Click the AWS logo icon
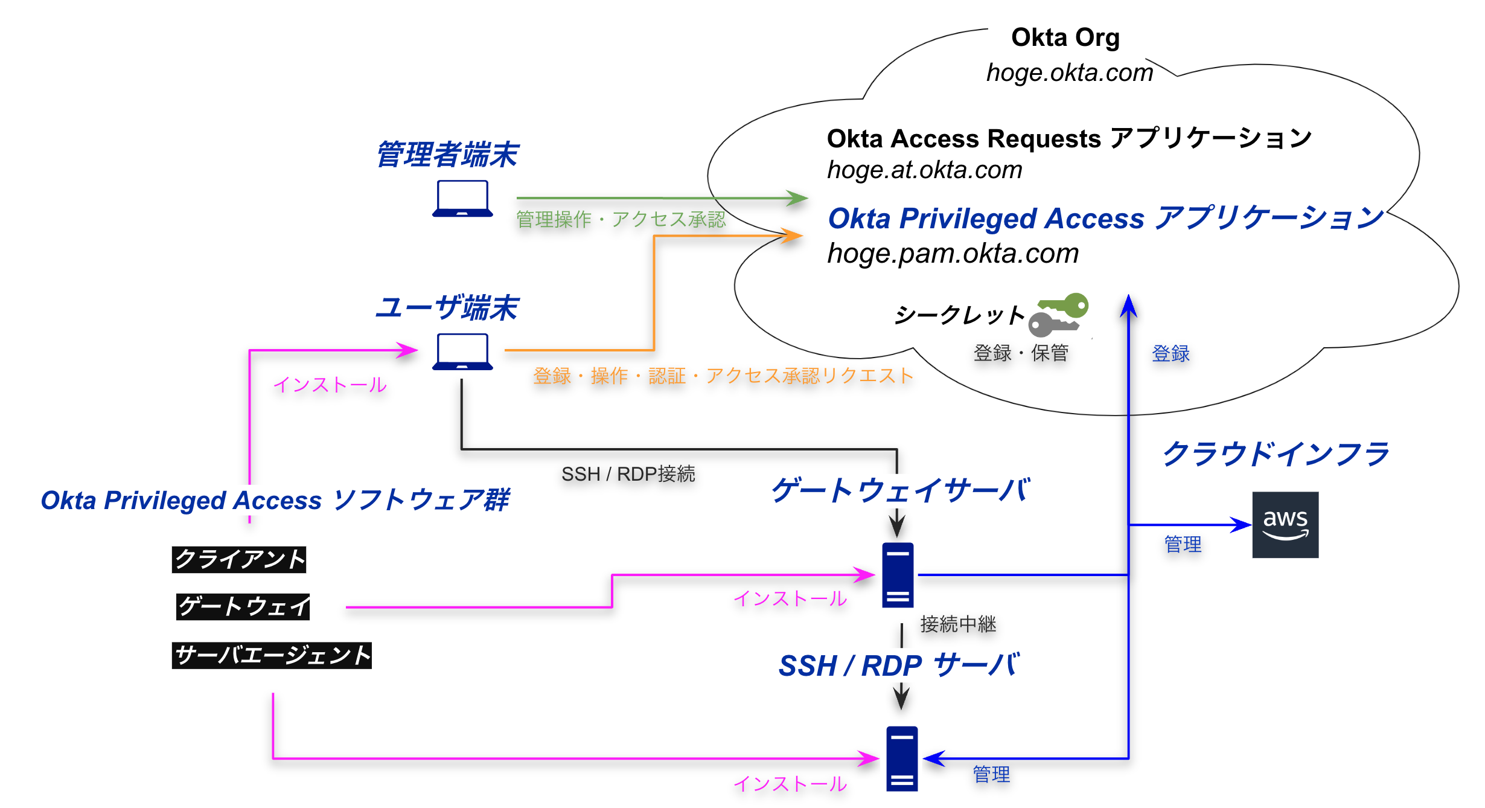pyautogui.click(x=1285, y=524)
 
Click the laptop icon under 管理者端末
pyautogui.click(x=462, y=198)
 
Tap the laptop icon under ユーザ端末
pyautogui.click(x=462, y=351)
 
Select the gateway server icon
pyautogui.click(x=898, y=575)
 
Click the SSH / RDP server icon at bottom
pyautogui.click(x=902, y=758)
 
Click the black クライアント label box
pyautogui.click(x=239, y=559)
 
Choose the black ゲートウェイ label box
pyautogui.click(x=243, y=606)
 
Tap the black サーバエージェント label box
pyautogui.click(x=272, y=655)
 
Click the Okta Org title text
pyautogui.click(x=1065, y=37)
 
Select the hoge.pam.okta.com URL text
pyautogui.click(x=953, y=254)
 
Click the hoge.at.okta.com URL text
pyautogui.click(x=924, y=170)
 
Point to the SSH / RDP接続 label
pyautogui.click(x=628, y=474)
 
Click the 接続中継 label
pyautogui.click(x=958, y=624)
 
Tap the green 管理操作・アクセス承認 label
pyautogui.click(x=621, y=219)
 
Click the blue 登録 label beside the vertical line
pyautogui.click(x=1170, y=353)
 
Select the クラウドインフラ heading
pyautogui.click(x=1275, y=454)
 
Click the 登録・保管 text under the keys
pyautogui.click(x=1020, y=353)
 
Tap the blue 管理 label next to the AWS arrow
pyautogui.click(x=1182, y=544)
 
